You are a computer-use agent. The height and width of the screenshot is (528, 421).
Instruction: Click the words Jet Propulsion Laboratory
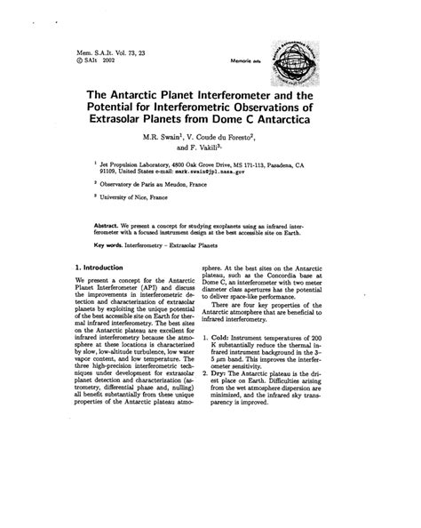(x=145, y=164)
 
